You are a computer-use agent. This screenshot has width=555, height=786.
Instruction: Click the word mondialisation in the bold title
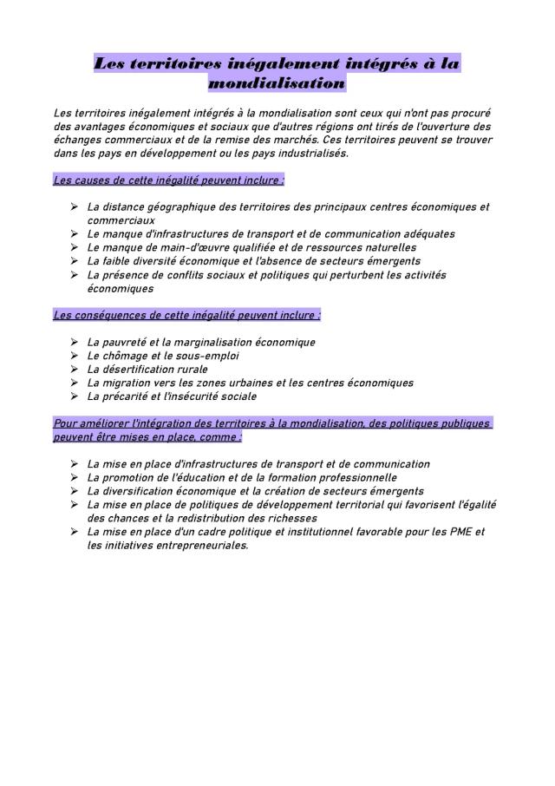click(x=277, y=83)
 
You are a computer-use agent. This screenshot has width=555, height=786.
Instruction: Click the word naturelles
click(x=380, y=247)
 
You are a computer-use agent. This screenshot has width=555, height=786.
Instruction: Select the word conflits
click(x=210, y=274)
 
